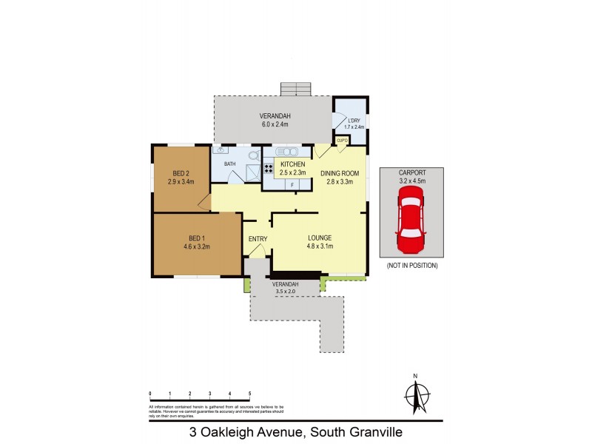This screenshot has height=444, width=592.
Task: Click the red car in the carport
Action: click(410, 218)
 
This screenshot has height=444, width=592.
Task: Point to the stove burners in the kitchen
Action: click(269, 168)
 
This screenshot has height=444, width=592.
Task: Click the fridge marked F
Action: click(292, 184)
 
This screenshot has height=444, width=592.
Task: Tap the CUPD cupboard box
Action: click(342, 140)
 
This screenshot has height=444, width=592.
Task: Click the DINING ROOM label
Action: click(340, 173)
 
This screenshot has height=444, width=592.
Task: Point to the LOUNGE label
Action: click(320, 238)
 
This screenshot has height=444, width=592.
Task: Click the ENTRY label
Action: click(258, 238)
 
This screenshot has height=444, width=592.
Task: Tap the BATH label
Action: click(229, 164)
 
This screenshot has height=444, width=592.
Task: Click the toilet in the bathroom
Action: click(253, 156)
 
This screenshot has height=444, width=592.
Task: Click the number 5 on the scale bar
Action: click(250, 393)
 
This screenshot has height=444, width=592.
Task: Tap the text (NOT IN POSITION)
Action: click(412, 265)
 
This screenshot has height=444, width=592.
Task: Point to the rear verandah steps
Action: click(296, 88)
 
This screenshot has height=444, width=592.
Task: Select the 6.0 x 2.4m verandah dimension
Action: click(275, 124)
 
